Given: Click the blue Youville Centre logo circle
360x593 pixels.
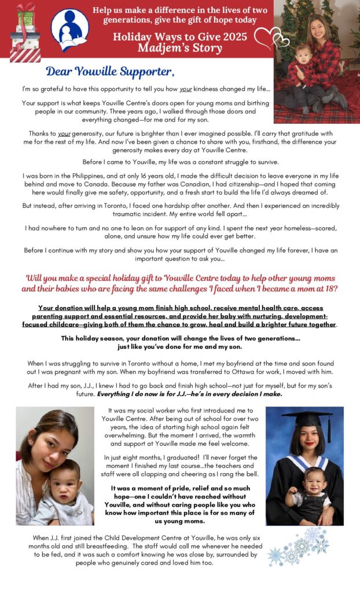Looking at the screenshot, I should [69, 30].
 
